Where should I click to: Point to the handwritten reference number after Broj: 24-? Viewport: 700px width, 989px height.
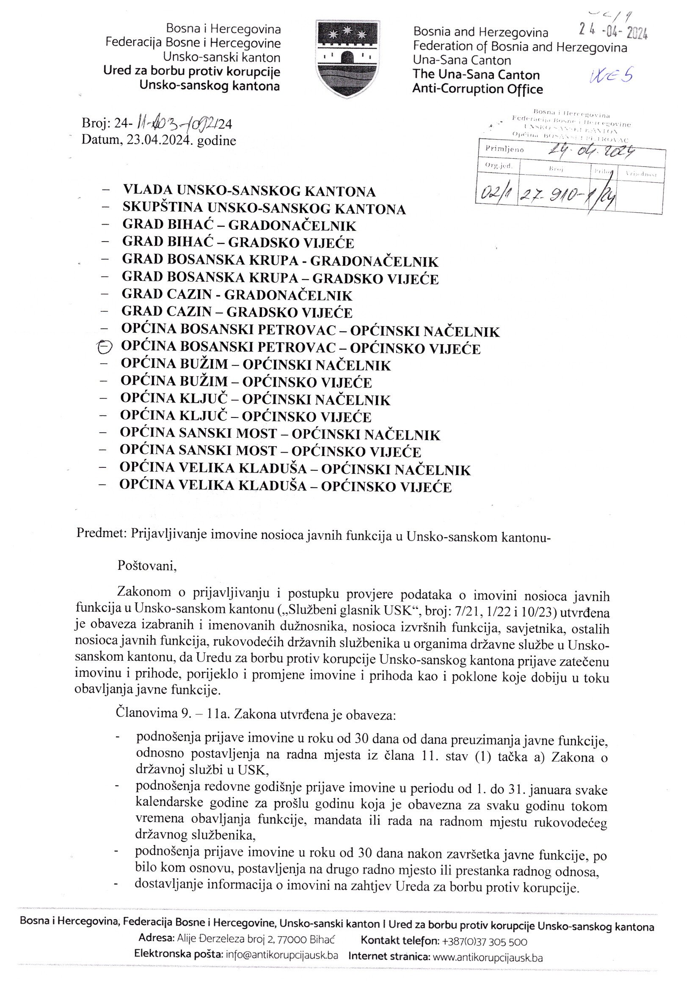coord(177,125)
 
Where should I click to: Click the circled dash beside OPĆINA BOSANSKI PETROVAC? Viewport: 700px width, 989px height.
coord(105,347)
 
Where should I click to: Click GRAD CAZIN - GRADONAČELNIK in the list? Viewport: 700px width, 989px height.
coord(237,295)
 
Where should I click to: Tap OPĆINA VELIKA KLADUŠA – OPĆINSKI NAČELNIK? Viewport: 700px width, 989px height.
coord(295,469)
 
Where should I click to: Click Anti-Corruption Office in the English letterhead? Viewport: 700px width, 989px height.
coord(477,90)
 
